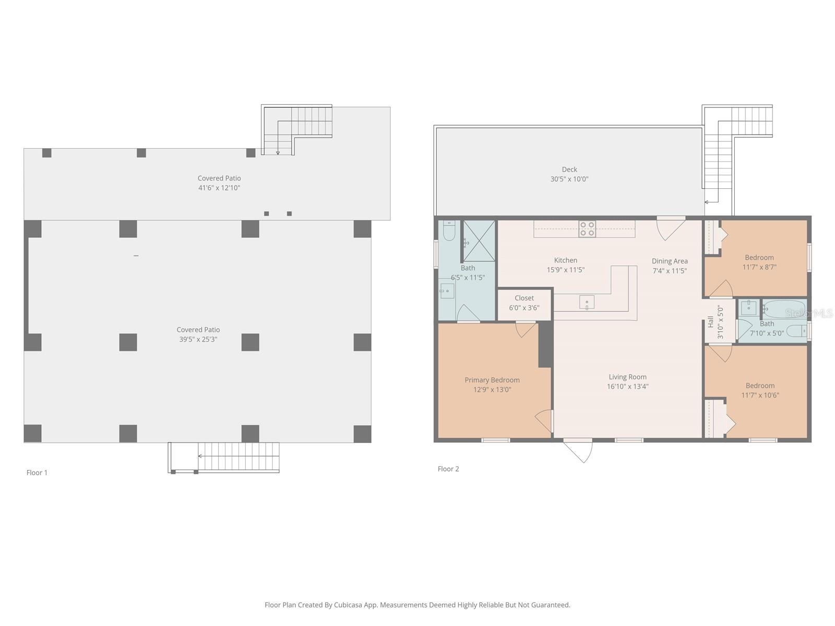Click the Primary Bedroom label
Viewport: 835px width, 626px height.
[x=492, y=380]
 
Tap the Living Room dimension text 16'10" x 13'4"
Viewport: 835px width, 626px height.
[x=627, y=387]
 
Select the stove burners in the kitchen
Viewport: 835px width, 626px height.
[x=587, y=229]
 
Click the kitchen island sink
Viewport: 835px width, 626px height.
[x=587, y=302]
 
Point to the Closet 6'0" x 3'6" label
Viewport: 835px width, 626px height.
[x=524, y=303]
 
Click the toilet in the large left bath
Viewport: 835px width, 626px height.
[x=449, y=231]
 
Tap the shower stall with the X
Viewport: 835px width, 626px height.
[x=479, y=240]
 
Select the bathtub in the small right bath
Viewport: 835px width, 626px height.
[x=784, y=309]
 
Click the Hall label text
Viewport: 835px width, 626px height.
[x=710, y=322]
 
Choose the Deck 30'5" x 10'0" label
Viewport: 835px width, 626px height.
[x=569, y=174]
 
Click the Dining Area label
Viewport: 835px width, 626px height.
[x=670, y=261]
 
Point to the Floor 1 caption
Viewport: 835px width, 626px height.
[x=37, y=473]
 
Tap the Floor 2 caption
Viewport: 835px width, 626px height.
[x=448, y=469]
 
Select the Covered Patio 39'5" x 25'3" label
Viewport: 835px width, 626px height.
[x=198, y=334]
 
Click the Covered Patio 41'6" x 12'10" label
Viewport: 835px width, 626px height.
[x=219, y=183]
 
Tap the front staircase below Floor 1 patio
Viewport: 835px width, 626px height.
[x=238, y=456]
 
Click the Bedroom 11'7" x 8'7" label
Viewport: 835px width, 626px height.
[x=759, y=262]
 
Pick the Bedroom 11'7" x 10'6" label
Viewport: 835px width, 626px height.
[x=760, y=390]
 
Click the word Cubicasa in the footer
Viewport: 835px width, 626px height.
[x=349, y=605]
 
